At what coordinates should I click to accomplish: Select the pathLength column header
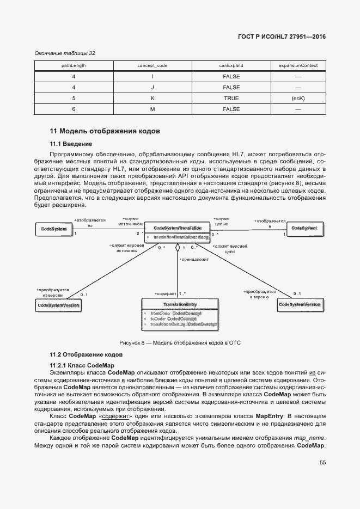coord(74,65)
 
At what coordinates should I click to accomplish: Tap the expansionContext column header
coord(298,65)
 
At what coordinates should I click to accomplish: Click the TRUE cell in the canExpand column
coord(231,99)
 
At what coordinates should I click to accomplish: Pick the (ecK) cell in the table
coord(298,99)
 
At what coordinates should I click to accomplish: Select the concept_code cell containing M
coord(152,109)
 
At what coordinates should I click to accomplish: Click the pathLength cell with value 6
coord(74,109)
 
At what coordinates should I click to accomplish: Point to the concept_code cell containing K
coord(152,99)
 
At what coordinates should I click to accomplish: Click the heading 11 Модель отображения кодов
coord(105,131)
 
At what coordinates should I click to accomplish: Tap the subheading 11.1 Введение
coord(71,144)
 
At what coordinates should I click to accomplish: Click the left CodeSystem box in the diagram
coord(53,229)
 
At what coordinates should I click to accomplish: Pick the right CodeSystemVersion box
coord(299,304)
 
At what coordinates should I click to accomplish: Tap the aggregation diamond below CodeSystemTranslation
coord(177,248)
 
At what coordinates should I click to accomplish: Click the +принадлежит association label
coord(193,259)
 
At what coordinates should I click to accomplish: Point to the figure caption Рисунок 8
coord(180,342)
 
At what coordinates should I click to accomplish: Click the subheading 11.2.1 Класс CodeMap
coord(82,365)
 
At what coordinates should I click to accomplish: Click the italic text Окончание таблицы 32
coord(65,53)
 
